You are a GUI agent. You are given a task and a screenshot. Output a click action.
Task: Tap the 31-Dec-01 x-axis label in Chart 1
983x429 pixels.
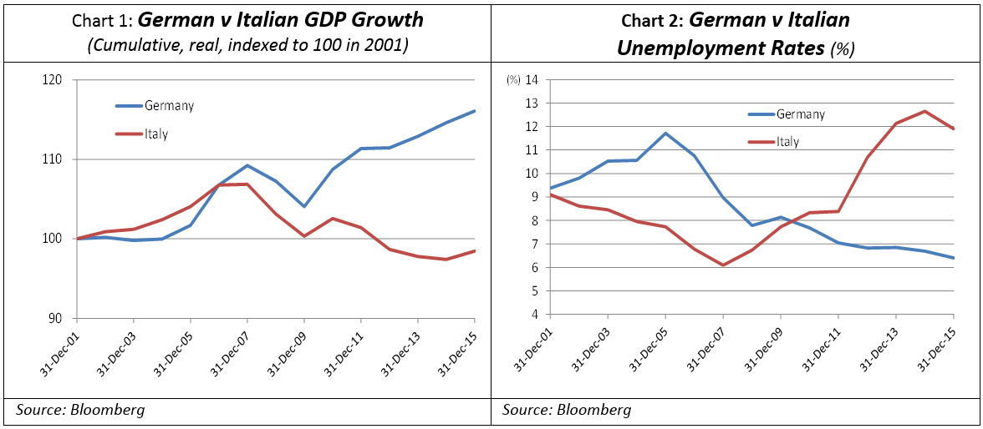click(59, 351)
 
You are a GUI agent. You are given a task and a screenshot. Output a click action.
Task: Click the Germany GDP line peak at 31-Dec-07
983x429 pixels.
click(247, 165)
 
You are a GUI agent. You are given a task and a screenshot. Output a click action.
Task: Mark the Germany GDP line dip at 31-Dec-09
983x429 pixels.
click(304, 206)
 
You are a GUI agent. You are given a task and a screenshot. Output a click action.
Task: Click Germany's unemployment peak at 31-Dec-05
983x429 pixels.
click(665, 133)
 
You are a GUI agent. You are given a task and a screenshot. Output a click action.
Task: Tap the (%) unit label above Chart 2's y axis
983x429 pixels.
click(513, 80)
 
